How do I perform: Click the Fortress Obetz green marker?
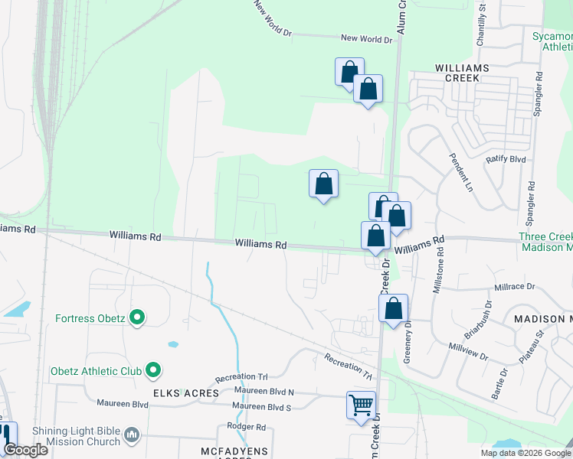(137, 316)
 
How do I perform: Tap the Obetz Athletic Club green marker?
(152, 371)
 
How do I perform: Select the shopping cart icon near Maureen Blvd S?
(361, 405)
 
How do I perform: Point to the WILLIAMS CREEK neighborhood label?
(462, 68)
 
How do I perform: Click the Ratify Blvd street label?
(506, 159)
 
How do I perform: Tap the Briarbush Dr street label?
(479, 316)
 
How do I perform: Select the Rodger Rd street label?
(246, 427)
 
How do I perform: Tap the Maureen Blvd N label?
(264, 391)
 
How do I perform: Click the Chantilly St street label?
(482, 24)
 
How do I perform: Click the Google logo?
(25, 450)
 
